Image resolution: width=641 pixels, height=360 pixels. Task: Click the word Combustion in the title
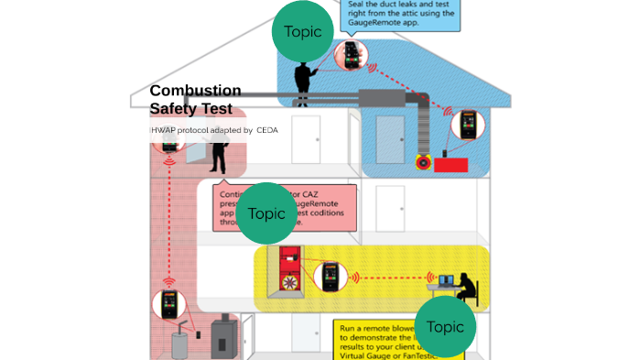pyautogui.click(x=195, y=91)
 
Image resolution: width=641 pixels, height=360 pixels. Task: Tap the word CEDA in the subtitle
pyautogui.click(x=266, y=130)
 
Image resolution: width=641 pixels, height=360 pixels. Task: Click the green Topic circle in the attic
pyautogui.click(x=302, y=32)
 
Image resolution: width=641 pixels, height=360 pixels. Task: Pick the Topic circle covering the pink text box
pyautogui.click(x=266, y=213)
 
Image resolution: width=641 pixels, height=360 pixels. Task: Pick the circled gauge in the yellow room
pyautogui.click(x=330, y=277)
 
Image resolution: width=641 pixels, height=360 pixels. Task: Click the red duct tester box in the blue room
pyautogui.click(x=451, y=165)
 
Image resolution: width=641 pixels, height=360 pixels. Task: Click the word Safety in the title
pyautogui.click(x=172, y=109)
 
